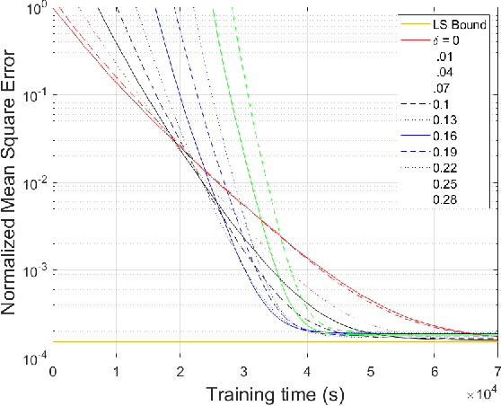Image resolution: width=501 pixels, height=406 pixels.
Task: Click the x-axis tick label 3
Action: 244,371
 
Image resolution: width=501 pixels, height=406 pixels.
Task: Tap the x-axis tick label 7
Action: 497,371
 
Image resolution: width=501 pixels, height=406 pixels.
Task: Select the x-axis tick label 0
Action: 54,371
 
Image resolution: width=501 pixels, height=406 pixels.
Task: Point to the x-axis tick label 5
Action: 371,371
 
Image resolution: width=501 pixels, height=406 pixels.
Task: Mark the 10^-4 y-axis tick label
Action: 36,358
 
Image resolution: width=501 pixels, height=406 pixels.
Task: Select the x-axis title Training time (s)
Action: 274,393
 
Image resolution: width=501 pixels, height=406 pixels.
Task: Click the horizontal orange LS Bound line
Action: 269,342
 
